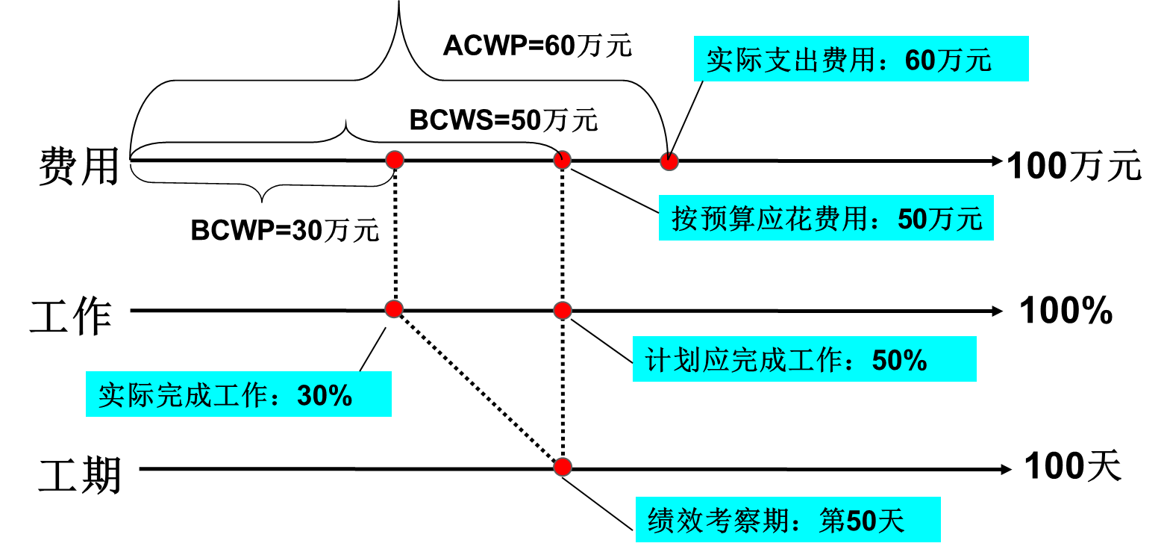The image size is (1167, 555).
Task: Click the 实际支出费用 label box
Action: (x=860, y=59)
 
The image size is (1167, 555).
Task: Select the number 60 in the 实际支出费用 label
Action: (x=919, y=61)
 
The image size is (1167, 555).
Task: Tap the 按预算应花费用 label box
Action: (x=825, y=218)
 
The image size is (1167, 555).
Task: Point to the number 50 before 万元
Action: (x=912, y=220)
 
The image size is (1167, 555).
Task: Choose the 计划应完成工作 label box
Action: (x=804, y=359)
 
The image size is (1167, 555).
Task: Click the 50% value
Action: (x=899, y=361)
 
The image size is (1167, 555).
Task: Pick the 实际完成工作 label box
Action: (x=238, y=394)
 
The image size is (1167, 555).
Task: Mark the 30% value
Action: (x=325, y=396)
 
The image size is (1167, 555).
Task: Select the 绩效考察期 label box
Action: (x=787, y=520)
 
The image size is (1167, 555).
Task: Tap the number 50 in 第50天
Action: (x=861, y=521)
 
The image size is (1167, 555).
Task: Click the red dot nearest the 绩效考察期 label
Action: (x=563, y=467)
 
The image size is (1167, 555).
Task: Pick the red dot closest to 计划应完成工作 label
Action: (x=563, y=310)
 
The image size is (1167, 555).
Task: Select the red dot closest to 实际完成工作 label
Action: (x=394, y=308)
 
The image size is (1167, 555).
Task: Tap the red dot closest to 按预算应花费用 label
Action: (x=669, y=161)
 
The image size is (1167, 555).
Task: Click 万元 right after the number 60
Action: (x=964, y=61)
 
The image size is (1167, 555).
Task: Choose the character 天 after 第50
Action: (x=891, y=521)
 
